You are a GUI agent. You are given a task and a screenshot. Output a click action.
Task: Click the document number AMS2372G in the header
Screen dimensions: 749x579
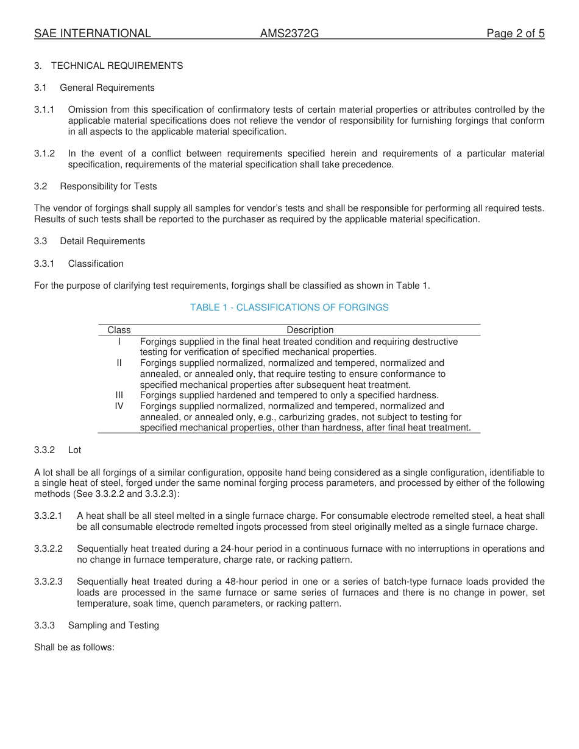coord(289,33)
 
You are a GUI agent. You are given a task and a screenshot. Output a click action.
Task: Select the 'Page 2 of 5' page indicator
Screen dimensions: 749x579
coord(515,33)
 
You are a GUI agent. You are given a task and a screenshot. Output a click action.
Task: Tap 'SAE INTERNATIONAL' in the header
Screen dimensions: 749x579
coord(93,33)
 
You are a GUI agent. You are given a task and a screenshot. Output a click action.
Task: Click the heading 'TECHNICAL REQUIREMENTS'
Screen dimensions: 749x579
coord(117,66)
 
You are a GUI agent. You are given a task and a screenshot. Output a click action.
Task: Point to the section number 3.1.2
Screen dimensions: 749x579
coord(44,153)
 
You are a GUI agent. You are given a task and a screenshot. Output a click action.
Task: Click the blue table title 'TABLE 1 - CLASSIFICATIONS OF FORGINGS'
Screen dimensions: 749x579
coord(289,308)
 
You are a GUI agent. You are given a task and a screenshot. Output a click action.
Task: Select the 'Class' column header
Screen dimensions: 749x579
coord(119,330)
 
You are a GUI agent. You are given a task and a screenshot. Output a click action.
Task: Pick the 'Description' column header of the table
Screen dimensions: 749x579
coord(310,330)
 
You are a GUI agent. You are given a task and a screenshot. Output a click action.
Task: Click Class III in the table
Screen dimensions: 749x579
coord(119,395)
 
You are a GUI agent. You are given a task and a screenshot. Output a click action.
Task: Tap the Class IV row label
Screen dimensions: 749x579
coord(119,406)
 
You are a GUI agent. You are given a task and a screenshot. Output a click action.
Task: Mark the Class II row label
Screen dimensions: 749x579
coord(119,363)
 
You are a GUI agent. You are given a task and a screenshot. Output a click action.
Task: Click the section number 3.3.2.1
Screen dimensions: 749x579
coord(48,516)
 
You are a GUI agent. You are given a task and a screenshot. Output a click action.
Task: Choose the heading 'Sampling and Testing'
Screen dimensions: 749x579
coord(113,625)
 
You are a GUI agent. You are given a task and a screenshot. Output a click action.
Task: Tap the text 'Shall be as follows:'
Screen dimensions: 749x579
coord(74,647)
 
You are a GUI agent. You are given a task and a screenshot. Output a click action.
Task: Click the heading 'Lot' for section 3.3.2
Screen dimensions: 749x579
coord(74,450)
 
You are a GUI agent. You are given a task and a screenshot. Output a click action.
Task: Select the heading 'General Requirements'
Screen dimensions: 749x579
coord(107,88)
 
